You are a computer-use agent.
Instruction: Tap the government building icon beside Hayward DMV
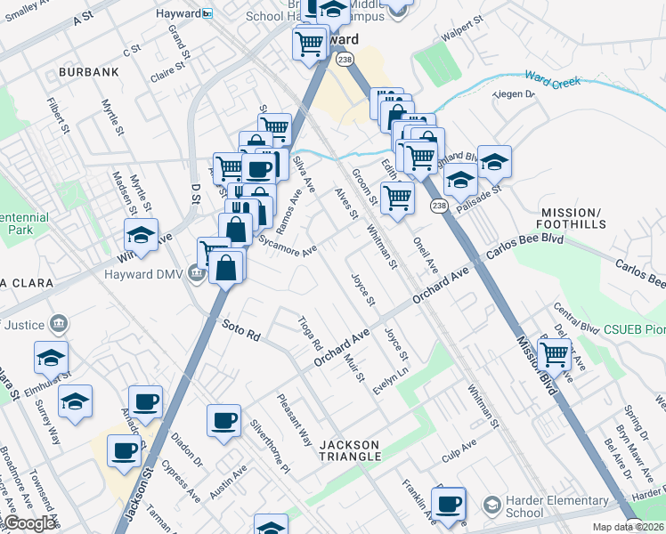coord(195,273)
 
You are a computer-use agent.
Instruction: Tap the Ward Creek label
coord(552,81)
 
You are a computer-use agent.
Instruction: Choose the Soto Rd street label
coord(240,330)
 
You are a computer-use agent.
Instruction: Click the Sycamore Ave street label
coord(287,245)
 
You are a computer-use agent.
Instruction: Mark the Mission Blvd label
coord(535,364)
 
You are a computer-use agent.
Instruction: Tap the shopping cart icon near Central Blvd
coord(554,354)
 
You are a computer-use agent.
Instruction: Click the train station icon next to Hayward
coord(207,13)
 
